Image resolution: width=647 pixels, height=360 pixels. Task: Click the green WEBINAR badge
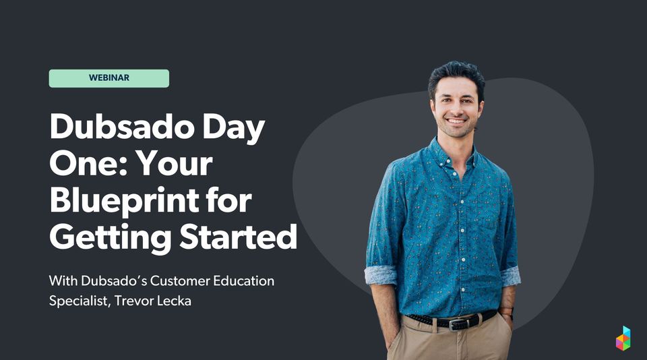pyautogui.click(x=109, y=78)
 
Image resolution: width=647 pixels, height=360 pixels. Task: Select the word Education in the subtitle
pyautogui.click(x=242, y=280)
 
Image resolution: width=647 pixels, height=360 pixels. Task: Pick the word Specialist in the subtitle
pyautogui.click(x=77, y=301)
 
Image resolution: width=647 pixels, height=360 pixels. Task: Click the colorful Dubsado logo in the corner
pyautogui.click(x=623, y=338)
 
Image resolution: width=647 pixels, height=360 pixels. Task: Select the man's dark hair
pyautogui.click(x=456, y=73)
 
